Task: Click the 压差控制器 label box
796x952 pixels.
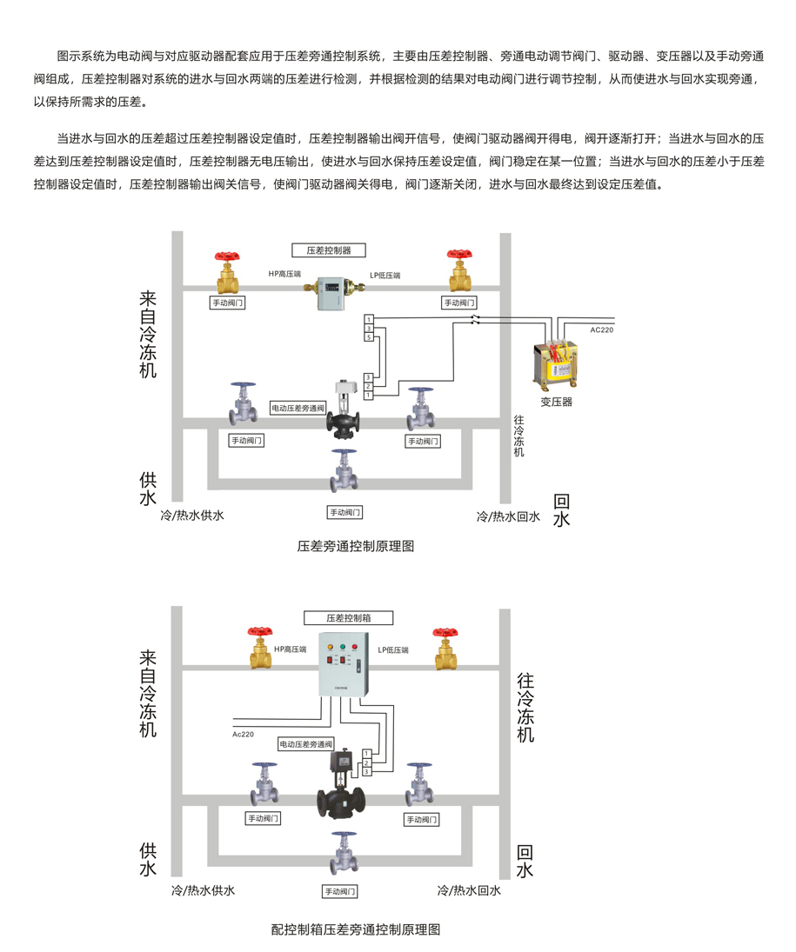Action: (x=329, y=250)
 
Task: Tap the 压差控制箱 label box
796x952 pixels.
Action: (x=348, y=618)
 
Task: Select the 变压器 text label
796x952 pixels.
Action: (x=556, y=402)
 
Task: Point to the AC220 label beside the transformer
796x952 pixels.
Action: (x=601, y=330)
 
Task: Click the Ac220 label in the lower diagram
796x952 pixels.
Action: (x=244, y=734)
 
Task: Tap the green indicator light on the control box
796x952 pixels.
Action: (x=344, y=648)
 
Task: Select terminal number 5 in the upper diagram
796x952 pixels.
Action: (x=369, y=337)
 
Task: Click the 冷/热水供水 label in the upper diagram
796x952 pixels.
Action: (x=192, y=516)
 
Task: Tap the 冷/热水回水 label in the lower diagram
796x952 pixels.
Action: (x=469, y=891)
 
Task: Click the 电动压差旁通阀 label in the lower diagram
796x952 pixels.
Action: (x=306, y=745)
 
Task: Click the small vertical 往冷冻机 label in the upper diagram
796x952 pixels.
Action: (x=518, y=437)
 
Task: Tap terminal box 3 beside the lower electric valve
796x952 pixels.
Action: (x=368, y=772)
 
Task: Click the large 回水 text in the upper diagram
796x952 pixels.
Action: (x=561, y=510)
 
